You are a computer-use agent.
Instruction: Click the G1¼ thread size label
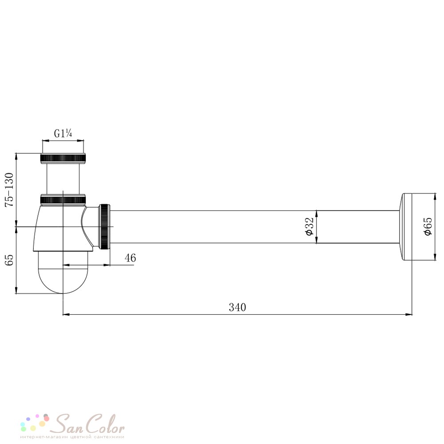(x=63, y=133)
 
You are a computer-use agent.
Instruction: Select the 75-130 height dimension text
(x=9, y=190)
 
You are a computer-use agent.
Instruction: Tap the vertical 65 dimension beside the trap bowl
(x=9, y=260)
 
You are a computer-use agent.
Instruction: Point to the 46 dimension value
(x=130, y=258)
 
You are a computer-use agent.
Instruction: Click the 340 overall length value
(x=237, y=307)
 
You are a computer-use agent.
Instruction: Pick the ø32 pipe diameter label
(x=309, y=226)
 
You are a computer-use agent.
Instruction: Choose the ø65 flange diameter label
(x=428, y=226)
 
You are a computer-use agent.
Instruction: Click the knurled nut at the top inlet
(x=63, y=159)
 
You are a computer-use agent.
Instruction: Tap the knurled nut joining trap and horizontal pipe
(x=105, y=226)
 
